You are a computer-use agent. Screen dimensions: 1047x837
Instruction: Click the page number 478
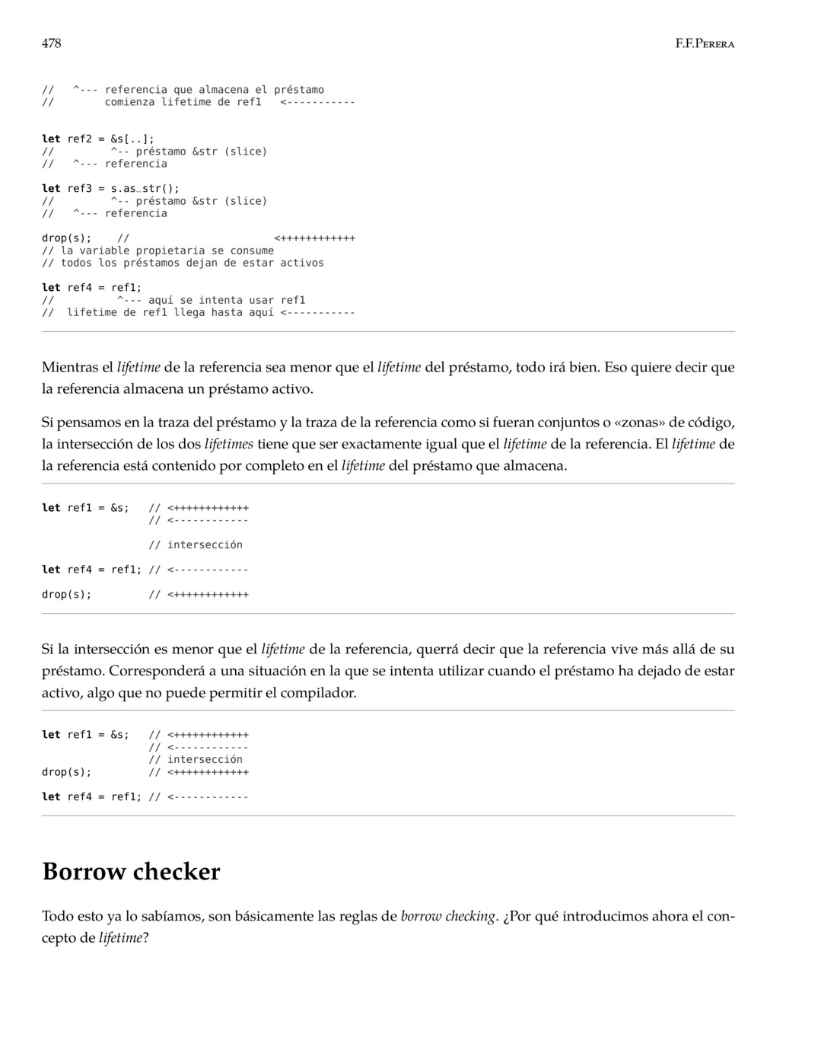click(x=51, y=43)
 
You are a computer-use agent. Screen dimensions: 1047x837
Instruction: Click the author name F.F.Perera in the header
click(x=705, y=44)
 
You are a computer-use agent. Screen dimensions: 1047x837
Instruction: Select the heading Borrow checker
click(x=131, y=871)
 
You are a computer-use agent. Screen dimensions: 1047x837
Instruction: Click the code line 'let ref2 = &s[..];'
click(x=97, y=139)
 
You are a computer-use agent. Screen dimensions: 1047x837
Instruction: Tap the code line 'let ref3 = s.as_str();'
click(x=110, y=188)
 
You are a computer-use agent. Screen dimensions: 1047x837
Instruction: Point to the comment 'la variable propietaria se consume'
click(x=167, y=251)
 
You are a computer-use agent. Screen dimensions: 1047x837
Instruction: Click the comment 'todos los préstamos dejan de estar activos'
click(x=192, y=263)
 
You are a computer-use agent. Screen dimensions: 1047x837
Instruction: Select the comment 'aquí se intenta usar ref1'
click(x=226, y=300)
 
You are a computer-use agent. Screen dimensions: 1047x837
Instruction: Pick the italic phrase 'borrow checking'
click(x=448, y=916)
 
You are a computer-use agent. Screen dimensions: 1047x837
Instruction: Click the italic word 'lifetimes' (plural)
click(x=229, y=444)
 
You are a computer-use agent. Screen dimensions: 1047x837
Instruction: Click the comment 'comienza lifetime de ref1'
click(x=183, y=102)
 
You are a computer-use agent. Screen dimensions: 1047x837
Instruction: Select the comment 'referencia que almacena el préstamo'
click(x=214, y=90)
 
